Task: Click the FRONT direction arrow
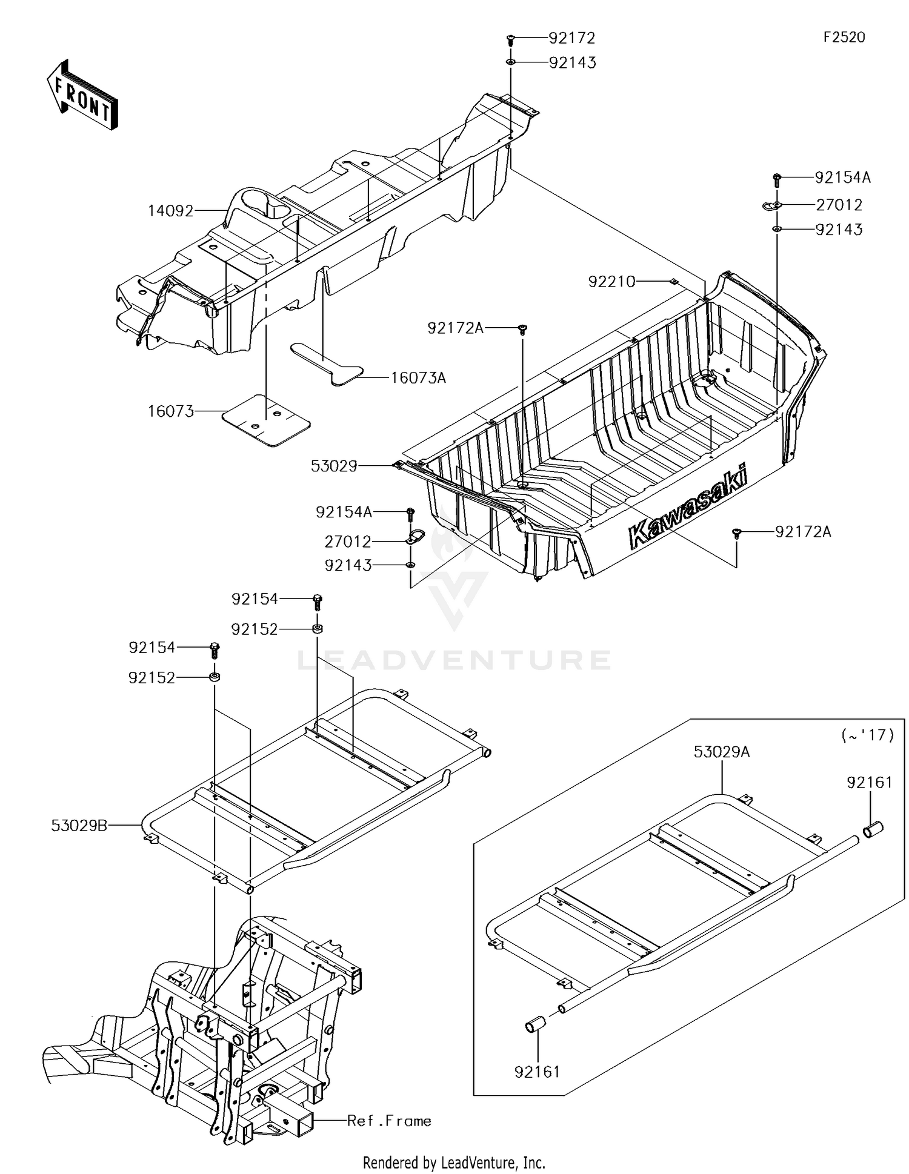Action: coord(82,95)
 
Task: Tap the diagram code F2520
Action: coord(844,38)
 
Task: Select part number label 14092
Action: coord(171,211)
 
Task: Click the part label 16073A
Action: coord(418,378)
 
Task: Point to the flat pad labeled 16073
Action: coord(266,420)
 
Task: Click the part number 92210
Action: coord(611,282)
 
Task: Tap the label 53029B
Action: coord(79,825)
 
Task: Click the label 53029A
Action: coord(722,752)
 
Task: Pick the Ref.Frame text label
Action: coord(389,1121)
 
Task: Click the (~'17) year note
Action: coord(867,735)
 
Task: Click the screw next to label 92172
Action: coord(510,39)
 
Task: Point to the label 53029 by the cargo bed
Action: coord(334,466)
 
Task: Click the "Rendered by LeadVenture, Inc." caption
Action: coord(454,1162)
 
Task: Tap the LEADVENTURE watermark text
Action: coord(454,660)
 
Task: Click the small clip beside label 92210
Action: coord(673,282)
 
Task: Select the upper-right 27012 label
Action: coord(839,205)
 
